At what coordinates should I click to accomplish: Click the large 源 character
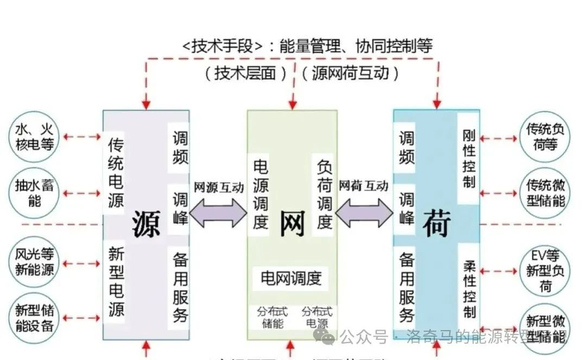[x=146, y=222]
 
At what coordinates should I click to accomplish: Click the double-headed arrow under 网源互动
[x=218, y=213]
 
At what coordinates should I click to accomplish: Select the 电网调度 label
[x=291, y=279]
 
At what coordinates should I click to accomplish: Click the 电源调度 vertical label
[x=261, y=194]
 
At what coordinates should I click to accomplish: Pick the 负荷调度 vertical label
[x=324, y=194]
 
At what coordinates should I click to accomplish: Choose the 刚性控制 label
[x=469, y=159]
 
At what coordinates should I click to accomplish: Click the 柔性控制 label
[x=469, y=289]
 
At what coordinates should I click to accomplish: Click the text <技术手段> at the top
[x=223, y=46]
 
